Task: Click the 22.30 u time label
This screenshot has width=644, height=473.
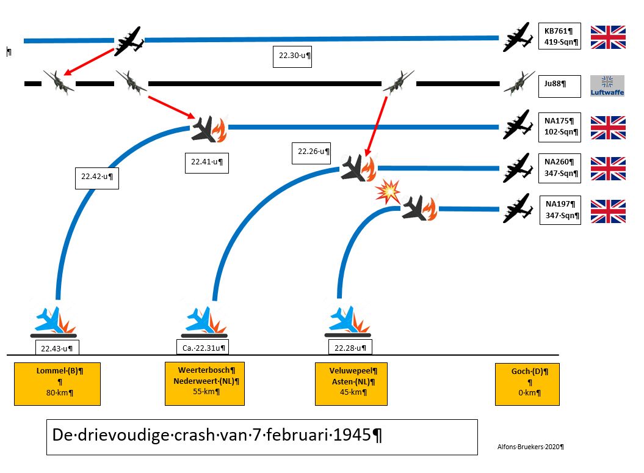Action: click(292, 56)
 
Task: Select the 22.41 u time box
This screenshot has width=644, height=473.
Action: click(206, 162)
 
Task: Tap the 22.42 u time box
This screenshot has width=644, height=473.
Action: click(96, 177)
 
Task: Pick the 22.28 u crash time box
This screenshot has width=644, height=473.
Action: click(350, 348)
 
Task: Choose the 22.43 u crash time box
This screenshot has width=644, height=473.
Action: click(57, 349)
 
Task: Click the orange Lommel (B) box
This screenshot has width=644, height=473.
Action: click(57, 383)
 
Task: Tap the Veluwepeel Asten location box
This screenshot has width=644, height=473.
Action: click(351, 383)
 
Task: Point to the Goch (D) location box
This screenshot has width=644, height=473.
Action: click(527, 384)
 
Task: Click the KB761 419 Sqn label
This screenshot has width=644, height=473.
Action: click(560, 37)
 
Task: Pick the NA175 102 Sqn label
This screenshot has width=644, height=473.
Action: click(560, 127)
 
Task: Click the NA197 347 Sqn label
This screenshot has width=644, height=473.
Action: click(560, 210)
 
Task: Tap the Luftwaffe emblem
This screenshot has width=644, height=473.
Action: click(607, 86)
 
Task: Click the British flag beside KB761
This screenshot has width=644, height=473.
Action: click(607, 37)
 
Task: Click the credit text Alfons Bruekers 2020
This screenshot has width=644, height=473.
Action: click(530, 447)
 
